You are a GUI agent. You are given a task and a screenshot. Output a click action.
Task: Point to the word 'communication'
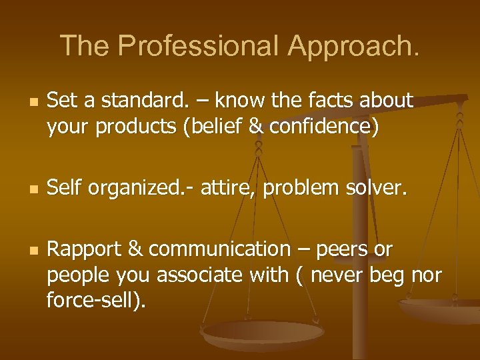click(219, 249)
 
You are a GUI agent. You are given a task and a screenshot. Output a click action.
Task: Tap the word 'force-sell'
click(93, 300)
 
